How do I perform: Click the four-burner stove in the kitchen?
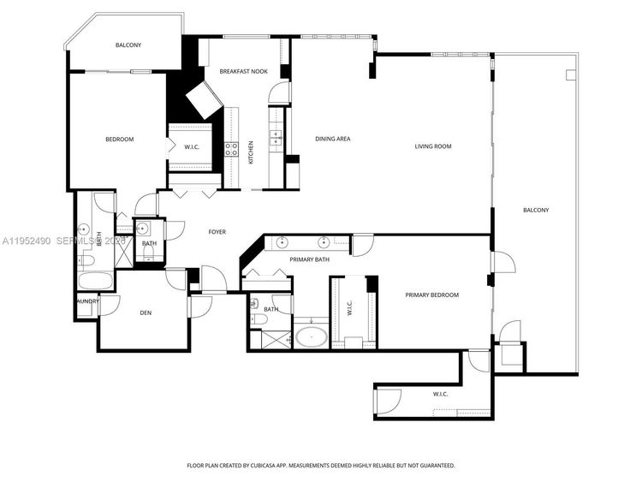pyautogui.click(x=230, y=149)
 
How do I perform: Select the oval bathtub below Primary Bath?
pyautogui.click(x=310, y=335)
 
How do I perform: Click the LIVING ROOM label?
pyautogui.click(x=432, y=146)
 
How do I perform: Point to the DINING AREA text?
pyautogui.click(x=333, y=139)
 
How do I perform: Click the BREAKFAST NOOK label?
pyautogui.click(x=244, y=71)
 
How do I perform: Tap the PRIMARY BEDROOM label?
pyautogui.click(x=431, y=295)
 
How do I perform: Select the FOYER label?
pyautogui.click(x=217, y=232)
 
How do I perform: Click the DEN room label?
pyautogui.click(x=146, y=312)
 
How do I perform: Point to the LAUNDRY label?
pyautogui.click(x=86, y=301)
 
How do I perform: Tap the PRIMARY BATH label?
pyautogui.click(x=309, y=259)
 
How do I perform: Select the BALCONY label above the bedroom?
pyautogui.click(x=128, y=45)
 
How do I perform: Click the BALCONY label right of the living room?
pyautogui.click(x=536, y=211)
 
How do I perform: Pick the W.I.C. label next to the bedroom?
pyautogui.click(x=192, y=147)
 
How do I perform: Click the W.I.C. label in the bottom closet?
pyautogui.click(x=441, y=394)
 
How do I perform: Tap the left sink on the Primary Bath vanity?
pyautogui.click(x=281, y=241)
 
